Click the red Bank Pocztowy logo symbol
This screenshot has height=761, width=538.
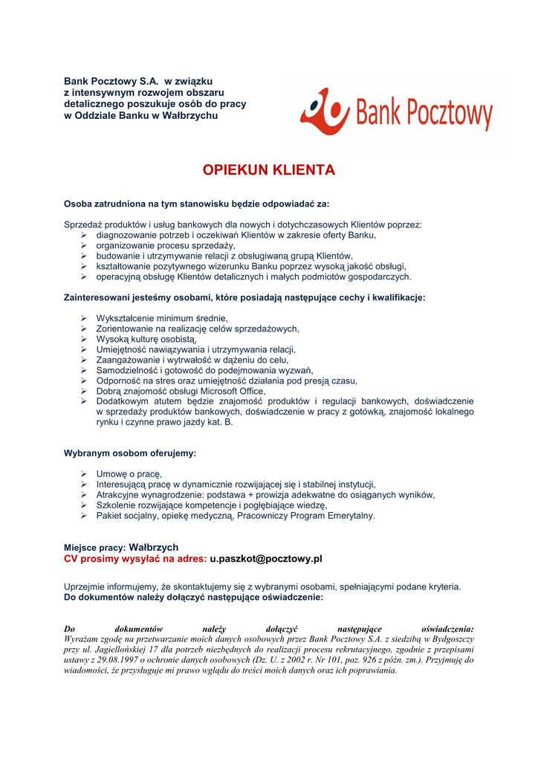click(x=325, y=111)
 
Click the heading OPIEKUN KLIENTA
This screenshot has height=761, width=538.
click(x=269, y=170)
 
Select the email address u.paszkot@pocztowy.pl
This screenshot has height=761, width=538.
click(x=266, y=558)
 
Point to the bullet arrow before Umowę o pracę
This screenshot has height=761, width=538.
click(x=84, y=474)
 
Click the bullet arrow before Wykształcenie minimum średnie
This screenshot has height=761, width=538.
click(x=84, y=318)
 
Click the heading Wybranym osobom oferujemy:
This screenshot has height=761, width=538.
click(x=130, y=453)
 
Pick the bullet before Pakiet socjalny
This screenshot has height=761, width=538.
click(x=84, y=516)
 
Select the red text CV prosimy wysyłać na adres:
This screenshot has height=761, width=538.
click(x=134, y=558)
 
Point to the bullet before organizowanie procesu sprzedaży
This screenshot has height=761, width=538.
click(x=84, y=245)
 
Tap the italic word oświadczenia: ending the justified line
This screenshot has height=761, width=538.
click(x=447, y=629)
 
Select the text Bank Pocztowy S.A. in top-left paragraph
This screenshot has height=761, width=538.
click(x=111, y=80)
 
